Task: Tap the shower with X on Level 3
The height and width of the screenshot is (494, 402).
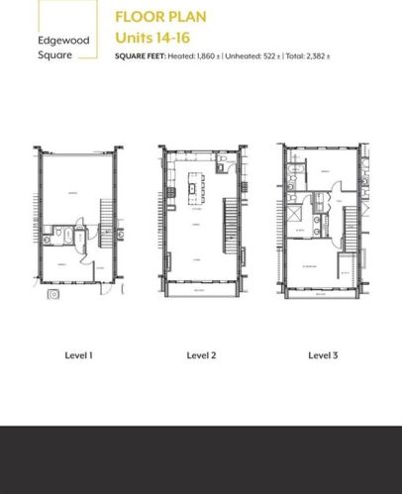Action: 295,213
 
